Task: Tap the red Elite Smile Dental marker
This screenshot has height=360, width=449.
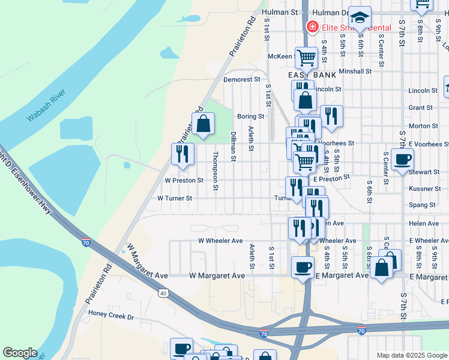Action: pos(312,27)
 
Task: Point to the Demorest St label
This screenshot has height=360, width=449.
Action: pos(241,79)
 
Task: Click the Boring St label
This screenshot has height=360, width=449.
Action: pos(250,116)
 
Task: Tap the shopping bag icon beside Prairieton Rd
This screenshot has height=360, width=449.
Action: pos(203,124)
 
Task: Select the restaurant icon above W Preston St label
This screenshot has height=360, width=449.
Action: pos(182,154)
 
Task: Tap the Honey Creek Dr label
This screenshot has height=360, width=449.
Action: pos(110,314)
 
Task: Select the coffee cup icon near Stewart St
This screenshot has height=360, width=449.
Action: pos(402,160)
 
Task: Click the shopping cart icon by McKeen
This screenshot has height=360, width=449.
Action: pos(306,59)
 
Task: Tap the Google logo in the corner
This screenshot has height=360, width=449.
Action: pos(20,353)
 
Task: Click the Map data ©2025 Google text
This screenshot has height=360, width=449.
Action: pos(411,355)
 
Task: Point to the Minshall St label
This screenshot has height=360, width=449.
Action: pos(355,71)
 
